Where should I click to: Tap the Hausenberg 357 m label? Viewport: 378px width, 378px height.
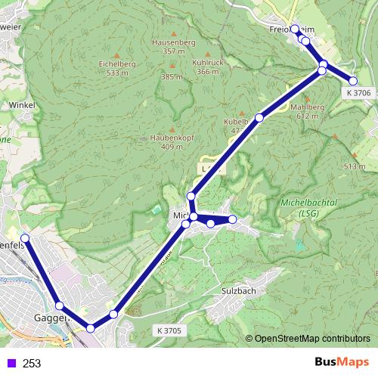174,47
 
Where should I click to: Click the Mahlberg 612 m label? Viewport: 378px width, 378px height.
311,112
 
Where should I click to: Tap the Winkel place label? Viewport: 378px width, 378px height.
24,105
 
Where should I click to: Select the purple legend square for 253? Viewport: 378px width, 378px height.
11,363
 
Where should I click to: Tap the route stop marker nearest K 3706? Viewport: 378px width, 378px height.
353,81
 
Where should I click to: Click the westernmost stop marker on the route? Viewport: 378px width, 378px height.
24,238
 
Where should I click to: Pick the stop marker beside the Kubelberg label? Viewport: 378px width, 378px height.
259,117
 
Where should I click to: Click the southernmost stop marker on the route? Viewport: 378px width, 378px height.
91,328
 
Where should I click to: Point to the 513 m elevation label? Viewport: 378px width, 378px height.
354,166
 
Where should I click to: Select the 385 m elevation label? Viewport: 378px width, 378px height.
172,77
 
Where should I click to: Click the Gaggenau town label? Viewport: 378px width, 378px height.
51,318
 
